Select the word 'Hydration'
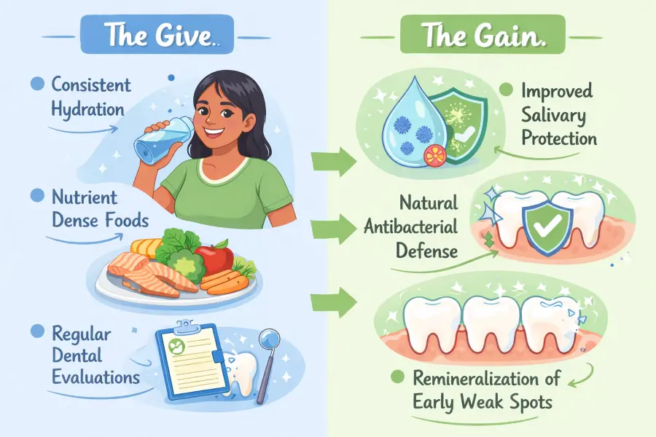[88, 109]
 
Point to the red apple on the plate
[214, 258]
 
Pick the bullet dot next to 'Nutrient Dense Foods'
[36, 195]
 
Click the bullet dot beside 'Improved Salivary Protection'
[505, 91]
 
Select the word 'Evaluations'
[95, 377]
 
